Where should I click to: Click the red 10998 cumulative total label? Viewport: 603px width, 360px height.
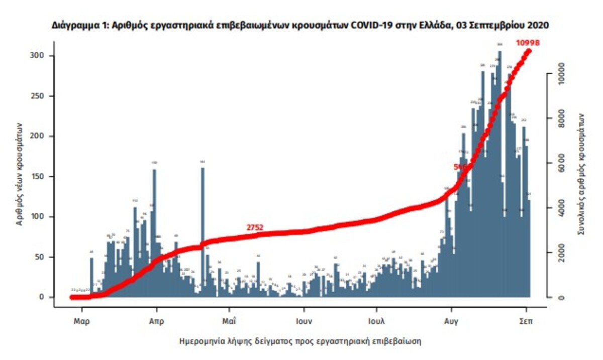pyautogui.click(x=527, y=43)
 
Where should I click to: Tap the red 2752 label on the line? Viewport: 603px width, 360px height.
pyautogui.click(x=255, y=228)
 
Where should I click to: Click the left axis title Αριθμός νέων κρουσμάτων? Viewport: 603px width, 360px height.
pyautogui.click(x=20, y=174)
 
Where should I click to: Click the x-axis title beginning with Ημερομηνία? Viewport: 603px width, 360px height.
pyautogui.click(x=300, y=341)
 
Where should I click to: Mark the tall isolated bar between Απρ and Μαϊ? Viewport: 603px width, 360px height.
pyautogui.click(x=203, y=231)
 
